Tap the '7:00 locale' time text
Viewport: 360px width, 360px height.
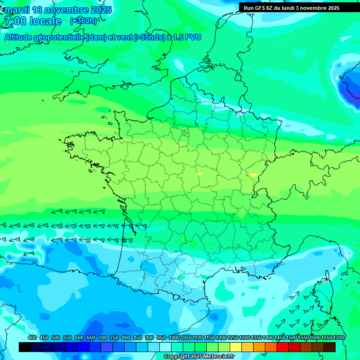tap(33, 21)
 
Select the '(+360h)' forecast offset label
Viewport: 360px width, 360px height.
tap(83, 21)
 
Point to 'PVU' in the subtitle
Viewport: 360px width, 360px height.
tap(193, 37)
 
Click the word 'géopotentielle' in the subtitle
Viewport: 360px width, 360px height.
tap(58, 37)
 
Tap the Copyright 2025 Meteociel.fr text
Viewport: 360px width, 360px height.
tap(199, 357)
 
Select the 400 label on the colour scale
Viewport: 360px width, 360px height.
tap(32, 338)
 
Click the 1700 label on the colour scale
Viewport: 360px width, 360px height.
tap(338, 338)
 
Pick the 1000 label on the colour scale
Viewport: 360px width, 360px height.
tap(174, 338)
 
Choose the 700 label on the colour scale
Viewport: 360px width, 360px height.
tap(103, 338)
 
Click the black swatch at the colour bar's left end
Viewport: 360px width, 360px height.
tap(25, 347)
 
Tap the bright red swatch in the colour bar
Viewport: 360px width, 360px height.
tap(283, 347)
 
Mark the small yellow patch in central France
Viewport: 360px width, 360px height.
tap(199, 174)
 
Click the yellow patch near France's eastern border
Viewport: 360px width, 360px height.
tap(254, 175)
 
